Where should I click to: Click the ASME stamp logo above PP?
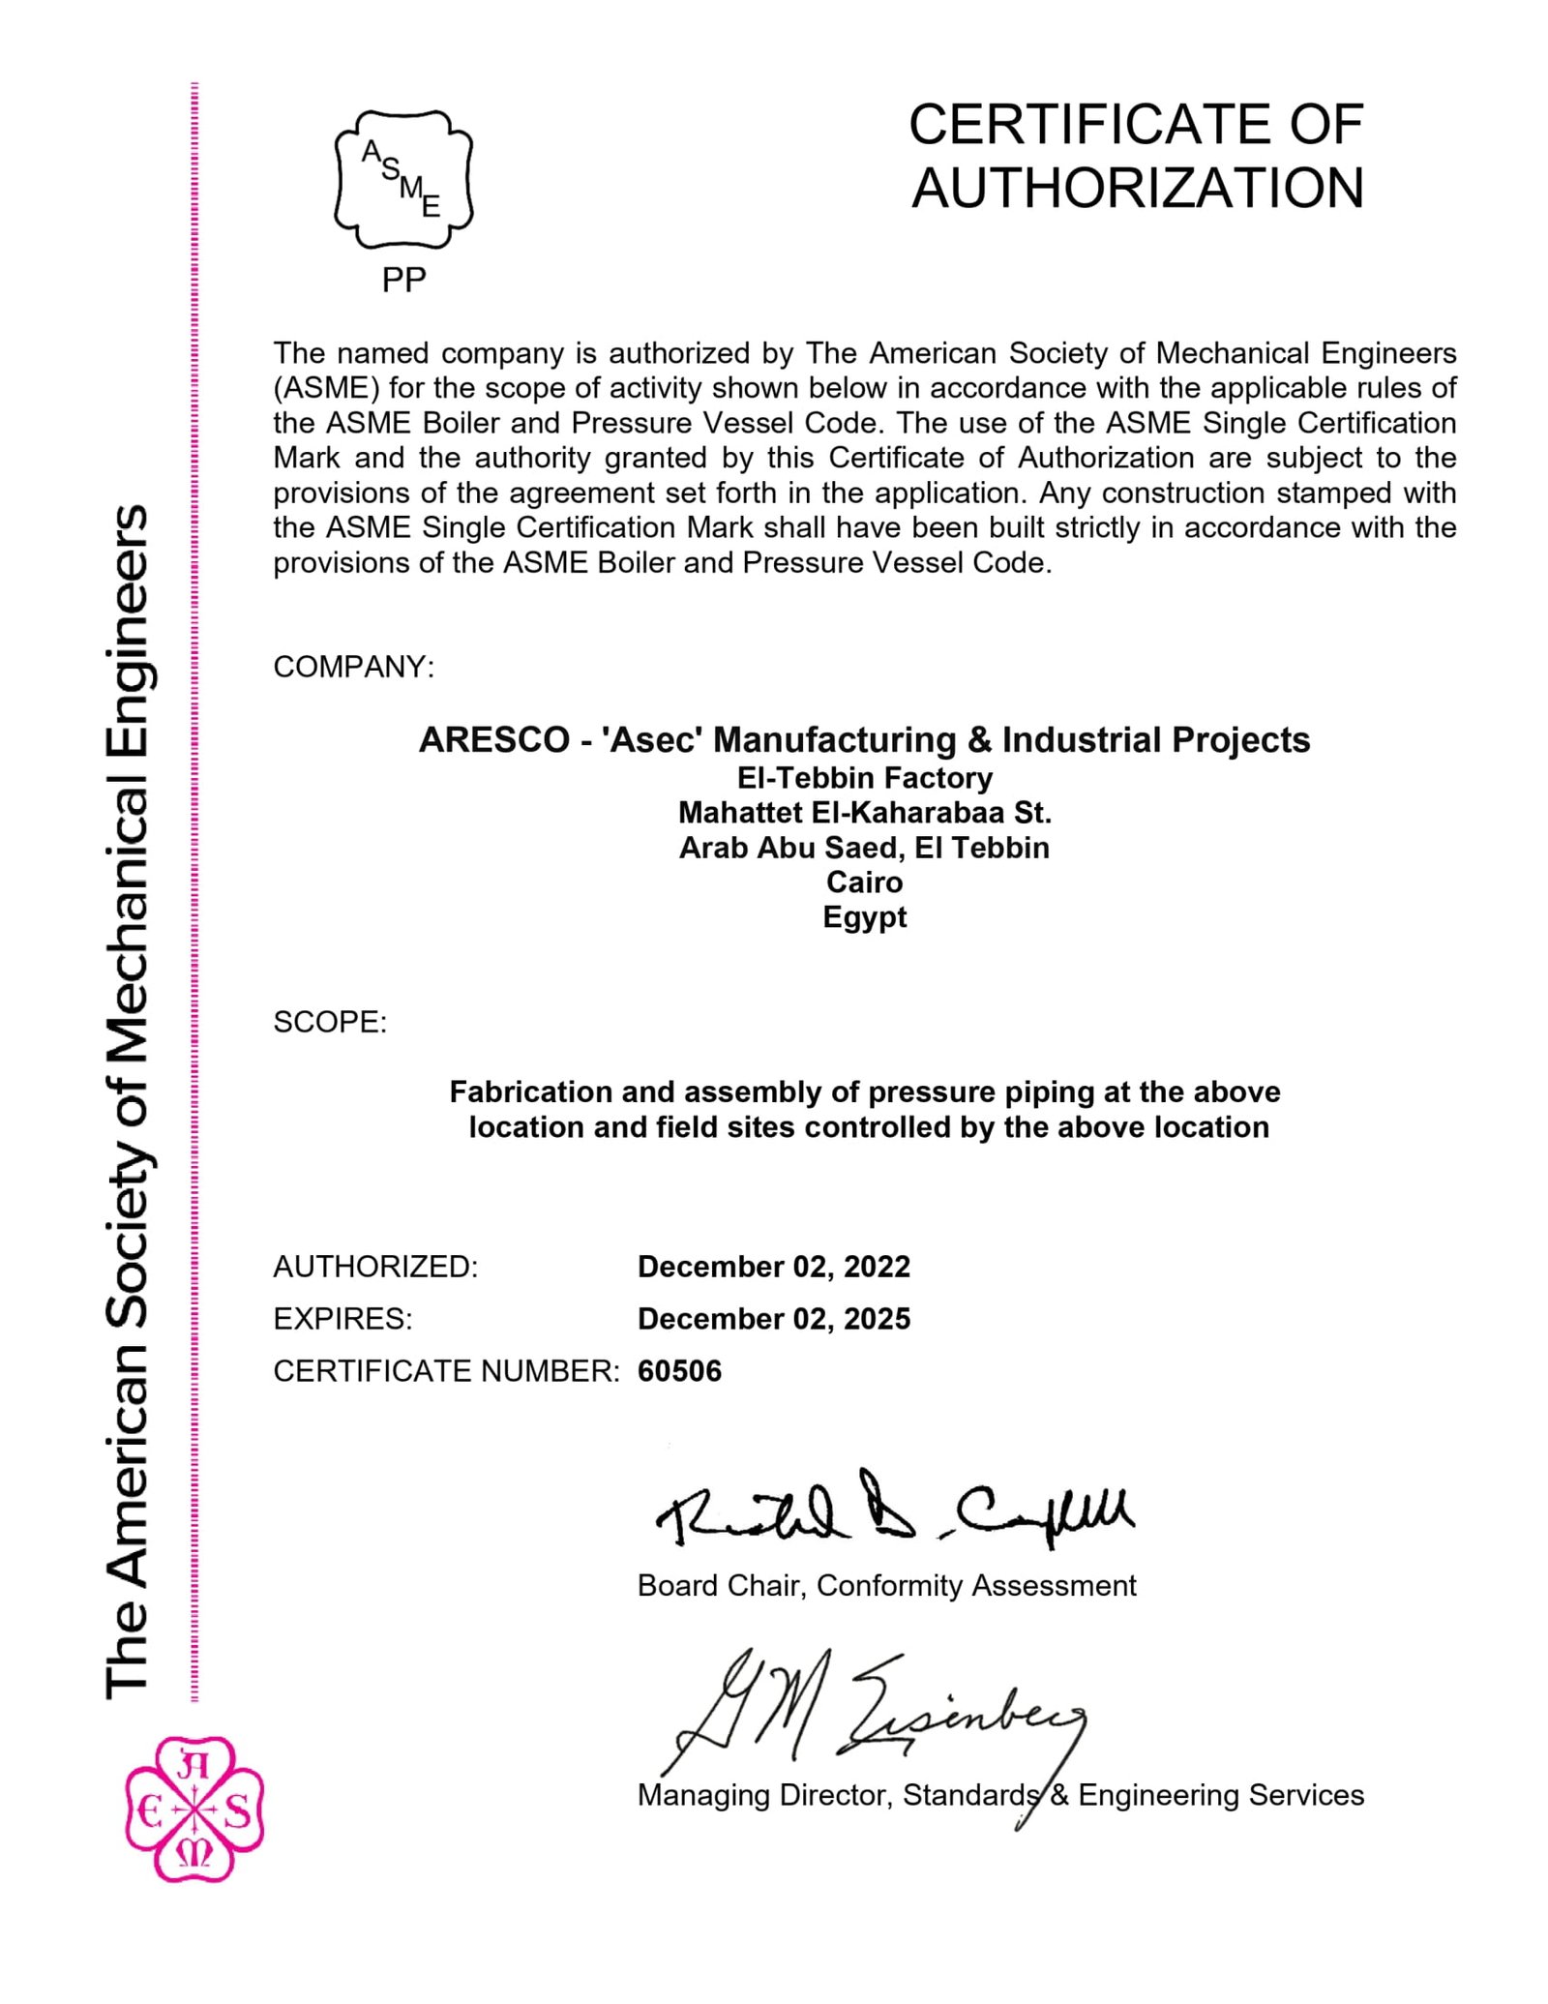[403, 179]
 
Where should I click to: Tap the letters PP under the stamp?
[403, 280]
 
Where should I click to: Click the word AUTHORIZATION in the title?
[1137, 188]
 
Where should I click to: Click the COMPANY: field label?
[354, 667]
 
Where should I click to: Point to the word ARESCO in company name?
[494, 740]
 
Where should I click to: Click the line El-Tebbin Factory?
[864, 778]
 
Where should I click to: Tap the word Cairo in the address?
[864, 882]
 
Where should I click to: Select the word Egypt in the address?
[864, 917]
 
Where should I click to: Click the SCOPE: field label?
[330, 1022]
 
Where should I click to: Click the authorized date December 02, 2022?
[774, 1267]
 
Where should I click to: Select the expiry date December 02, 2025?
[774, 1319]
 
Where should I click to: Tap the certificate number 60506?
[679, 1371]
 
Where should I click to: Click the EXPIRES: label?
[342, 1319]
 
